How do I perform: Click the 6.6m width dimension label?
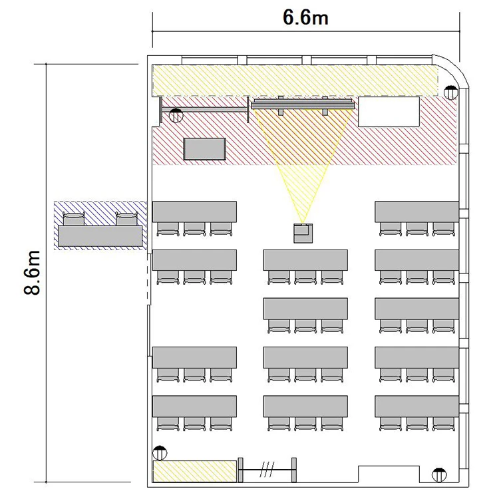[305, 17]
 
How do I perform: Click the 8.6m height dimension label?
[33, 273]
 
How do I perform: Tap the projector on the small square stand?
[303, 234]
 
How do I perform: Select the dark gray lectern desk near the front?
[205, 148]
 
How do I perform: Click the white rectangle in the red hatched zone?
[389, 112]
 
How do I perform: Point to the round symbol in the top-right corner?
[450, 92]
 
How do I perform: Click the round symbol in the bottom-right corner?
[439, 475]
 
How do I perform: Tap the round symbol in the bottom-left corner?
[160, 453]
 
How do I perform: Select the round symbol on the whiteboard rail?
[176, 115]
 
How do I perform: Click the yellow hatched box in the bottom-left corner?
[195, 471]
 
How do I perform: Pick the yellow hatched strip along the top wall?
[295, 81]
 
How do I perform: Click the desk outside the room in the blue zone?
[100, 236]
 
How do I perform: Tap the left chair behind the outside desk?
[74, 219]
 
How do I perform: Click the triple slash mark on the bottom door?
[265, 470]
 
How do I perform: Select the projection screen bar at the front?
[302, 104]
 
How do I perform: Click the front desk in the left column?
[194, 212]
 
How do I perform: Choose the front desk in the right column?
[416, 212]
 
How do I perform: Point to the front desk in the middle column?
[305, 260]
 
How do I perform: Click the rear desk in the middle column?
[305, 406]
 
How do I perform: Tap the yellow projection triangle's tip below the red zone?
[302, 222]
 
